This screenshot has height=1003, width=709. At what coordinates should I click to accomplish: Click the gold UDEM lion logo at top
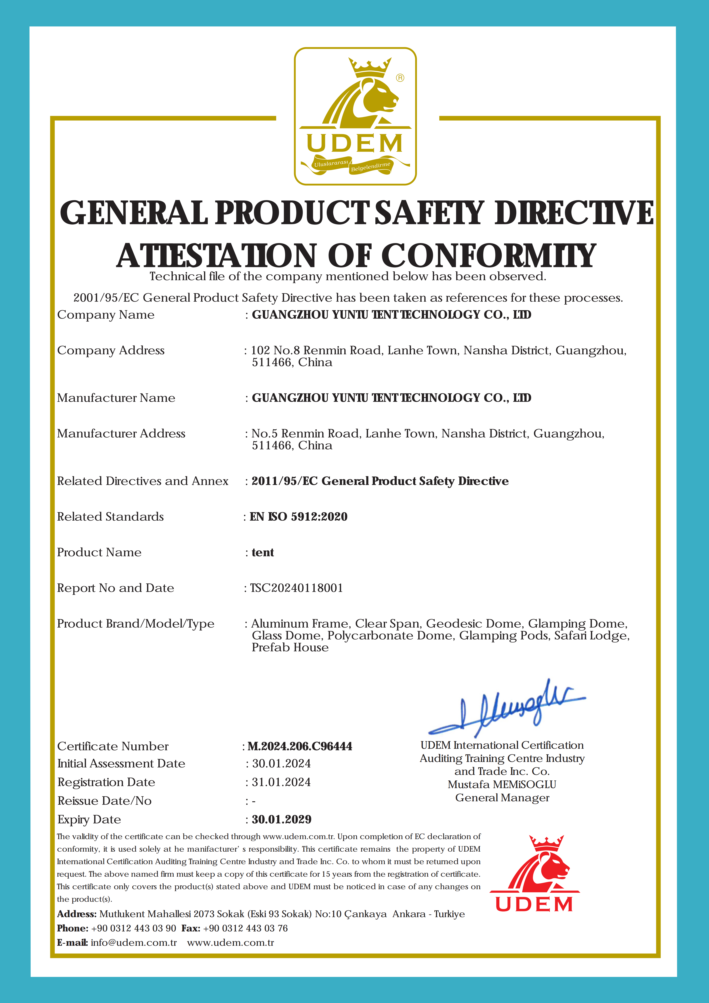pos(355,116)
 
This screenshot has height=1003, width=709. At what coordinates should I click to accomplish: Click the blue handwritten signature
pos(506,708)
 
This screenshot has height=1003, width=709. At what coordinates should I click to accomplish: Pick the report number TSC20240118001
pos(297,588)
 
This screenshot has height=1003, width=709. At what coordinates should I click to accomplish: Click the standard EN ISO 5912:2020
pos(299,517)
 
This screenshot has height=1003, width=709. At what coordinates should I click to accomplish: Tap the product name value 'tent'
pos(263,553)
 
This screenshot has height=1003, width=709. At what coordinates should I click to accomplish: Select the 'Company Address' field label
pos(111,350)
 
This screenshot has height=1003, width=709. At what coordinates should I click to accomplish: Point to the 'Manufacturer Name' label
pos(116,398)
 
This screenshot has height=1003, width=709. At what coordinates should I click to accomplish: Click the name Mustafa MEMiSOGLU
pos(502,785)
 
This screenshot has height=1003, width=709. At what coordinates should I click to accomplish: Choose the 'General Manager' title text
pos(502,798)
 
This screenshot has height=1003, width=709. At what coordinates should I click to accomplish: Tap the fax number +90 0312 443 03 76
pos(245,928)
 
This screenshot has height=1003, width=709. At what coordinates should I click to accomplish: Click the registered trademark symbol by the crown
pos(400,78)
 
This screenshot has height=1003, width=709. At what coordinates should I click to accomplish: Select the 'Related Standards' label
pos(110,517)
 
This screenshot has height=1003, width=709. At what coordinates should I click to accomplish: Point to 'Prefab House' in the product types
pos(290,647)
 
